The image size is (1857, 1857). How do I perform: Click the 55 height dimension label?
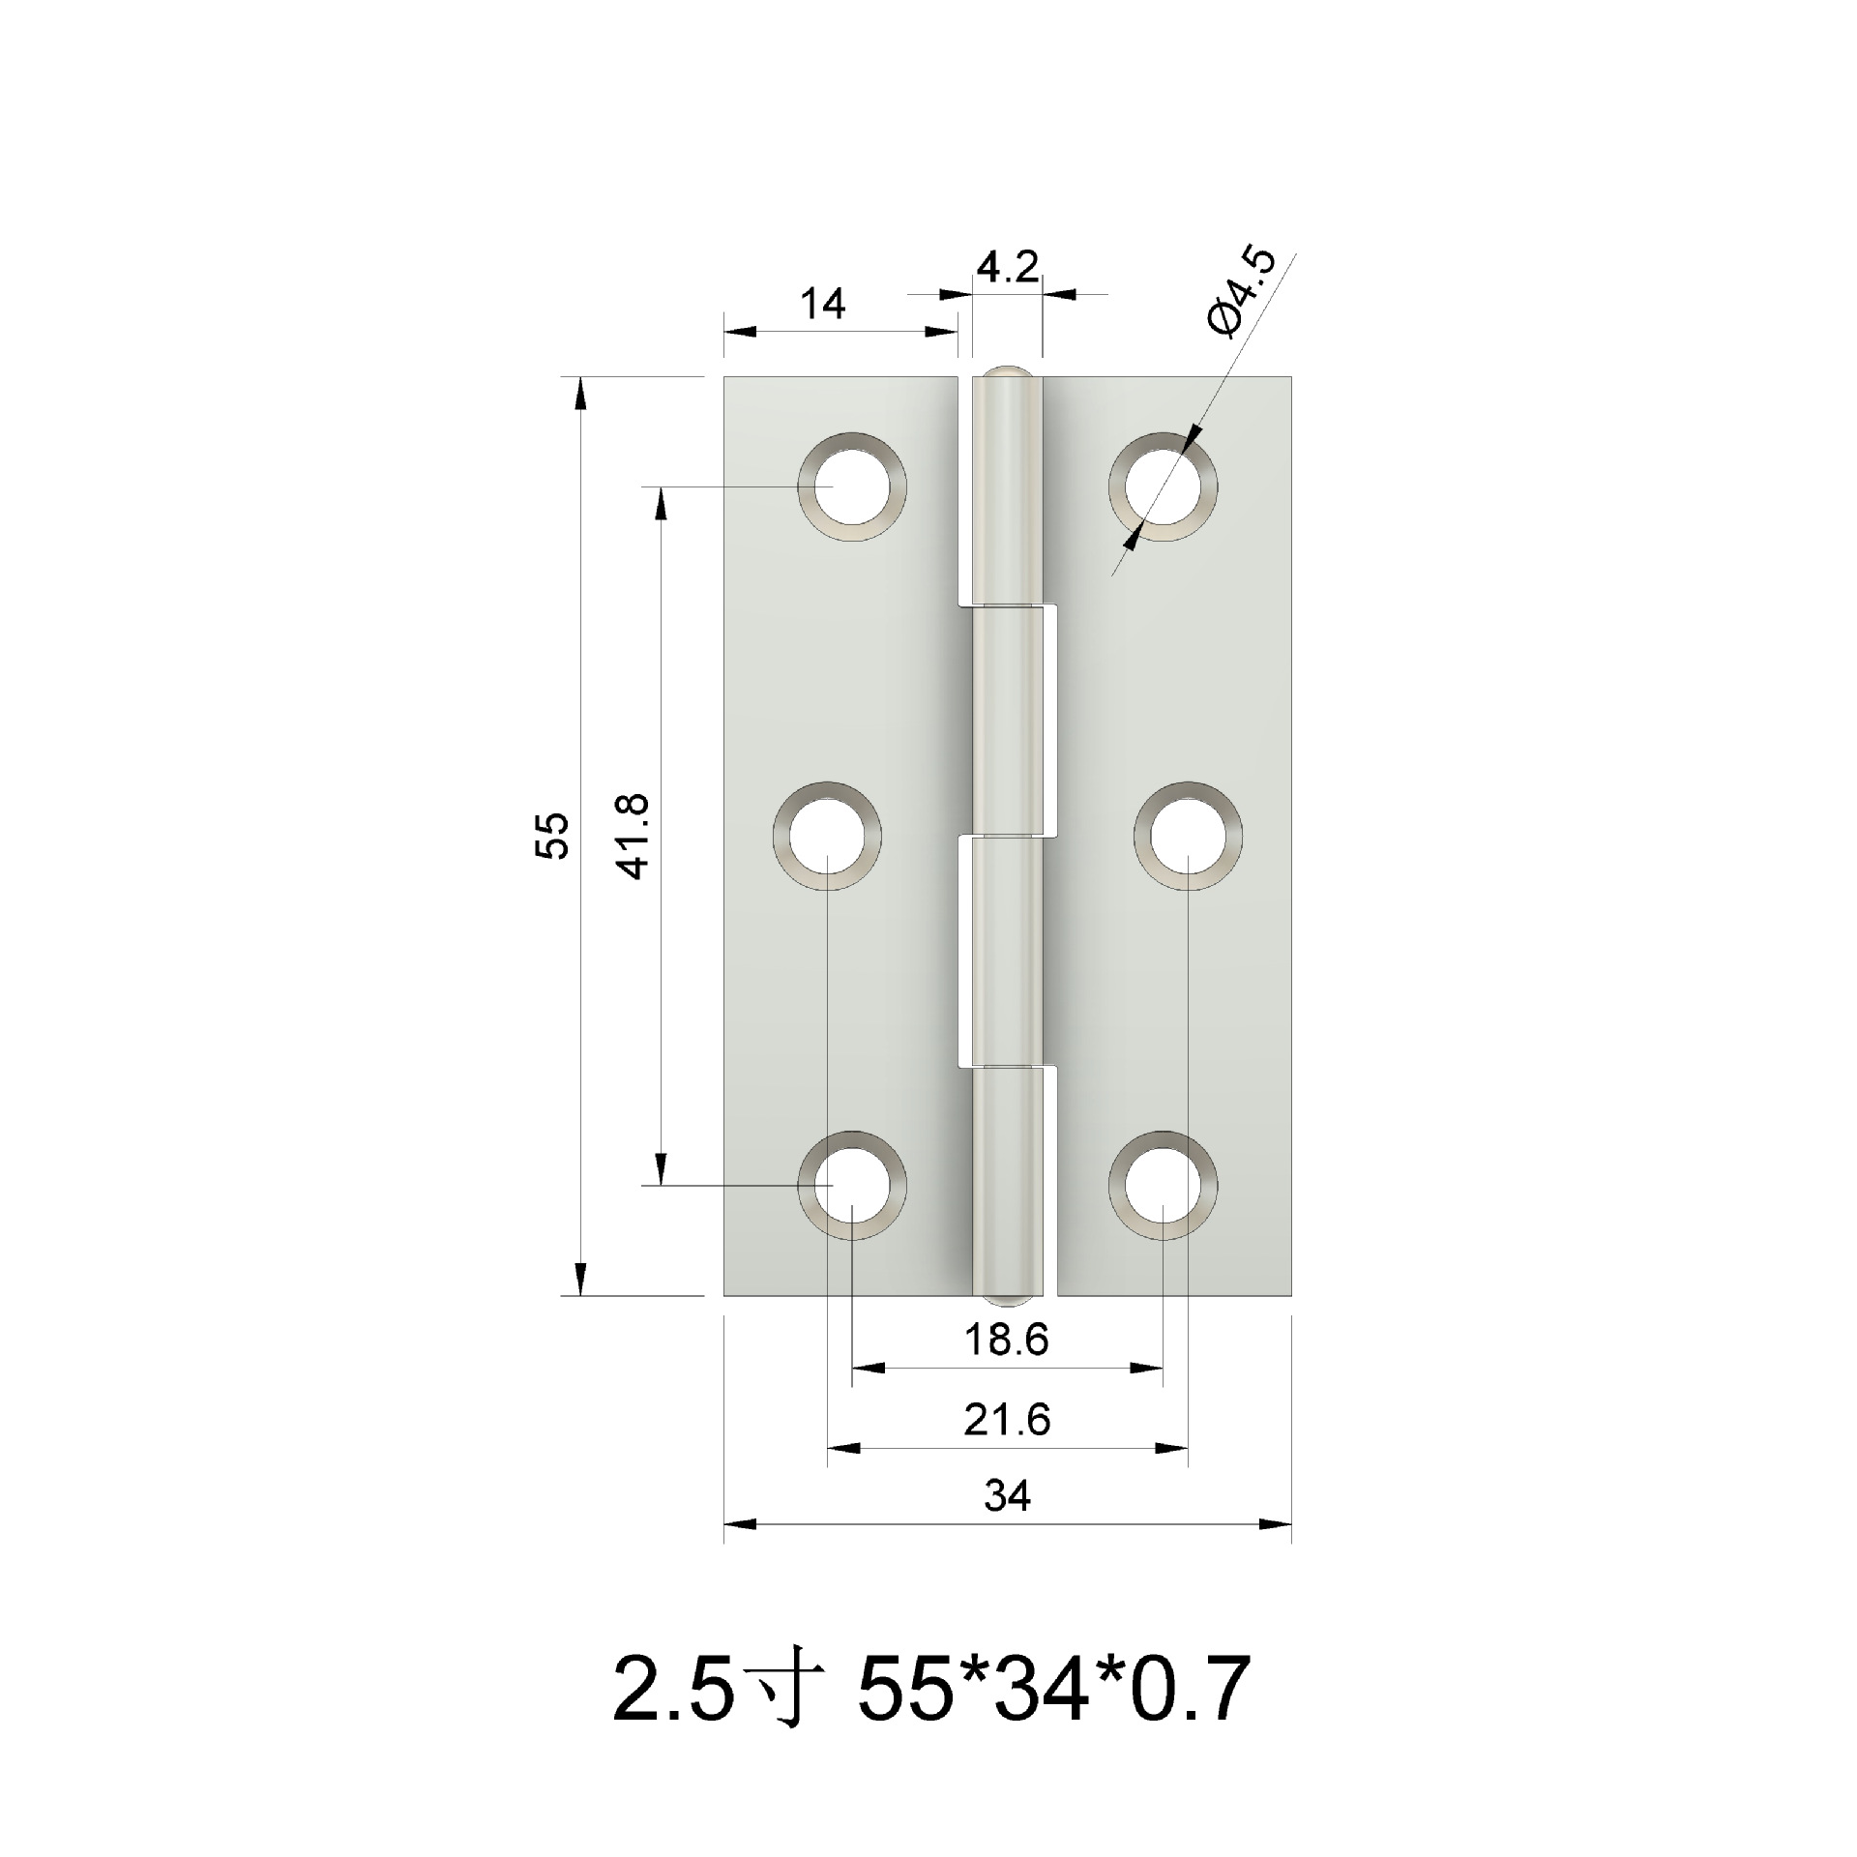[553, 836]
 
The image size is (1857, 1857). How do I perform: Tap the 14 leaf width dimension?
[823, 305]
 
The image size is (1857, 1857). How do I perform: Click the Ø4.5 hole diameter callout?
[1244, 292]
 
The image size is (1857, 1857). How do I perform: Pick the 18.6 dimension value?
[1006, 1340]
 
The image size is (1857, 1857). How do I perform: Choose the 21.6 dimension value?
[1006, 1420]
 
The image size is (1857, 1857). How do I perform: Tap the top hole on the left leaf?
[852, 486]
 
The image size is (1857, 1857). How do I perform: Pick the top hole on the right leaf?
[1163, 486]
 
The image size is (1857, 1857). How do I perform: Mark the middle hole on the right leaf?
[1188, 834]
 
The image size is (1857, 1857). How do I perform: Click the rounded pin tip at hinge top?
[1007, 371]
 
